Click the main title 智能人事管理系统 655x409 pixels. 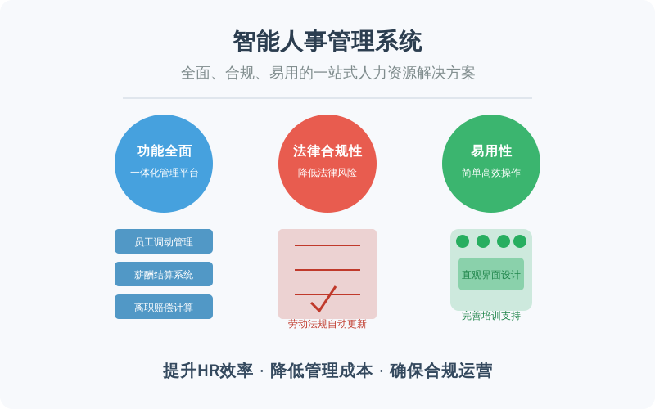pyautogui.click(x=327, y=41)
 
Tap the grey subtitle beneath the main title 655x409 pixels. pyautogui.click(x=328, y=73)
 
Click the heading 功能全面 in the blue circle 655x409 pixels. pyautogui.click(x=164, y=151)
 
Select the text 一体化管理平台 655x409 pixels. pyautogui.click(x=164, y=173)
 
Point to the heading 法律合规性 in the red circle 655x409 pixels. pyautogui.click(x=327, y=151)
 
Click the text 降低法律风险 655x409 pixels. pyautogui.click(x=327, y=173)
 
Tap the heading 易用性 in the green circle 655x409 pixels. pyautogui.click(x=491, y=151)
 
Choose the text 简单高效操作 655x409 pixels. pyautogui.click(x=491, y=173)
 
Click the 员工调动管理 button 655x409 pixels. pyautogui.click(x=164, y=241)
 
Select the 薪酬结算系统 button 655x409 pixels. pyautogui.click(x=164, y=274)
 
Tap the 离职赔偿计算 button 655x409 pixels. pyautogui.click(x=164, y=307)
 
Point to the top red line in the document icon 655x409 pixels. pyautogui.click(x=327, y=245)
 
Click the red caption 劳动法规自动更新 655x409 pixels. pyautogui.click(x=327, y=324)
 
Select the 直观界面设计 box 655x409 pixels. pyautogui.click(x=491, y=274)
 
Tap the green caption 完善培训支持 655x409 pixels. pyautogui.click(x=491, y=316)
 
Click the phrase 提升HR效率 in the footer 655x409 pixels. pyautogui.click(x=208, y=371)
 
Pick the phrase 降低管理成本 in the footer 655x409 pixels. pyautogui.click(x=321, y=371)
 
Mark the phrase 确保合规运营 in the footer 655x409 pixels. pyautogui.click(x=440, y=371)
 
